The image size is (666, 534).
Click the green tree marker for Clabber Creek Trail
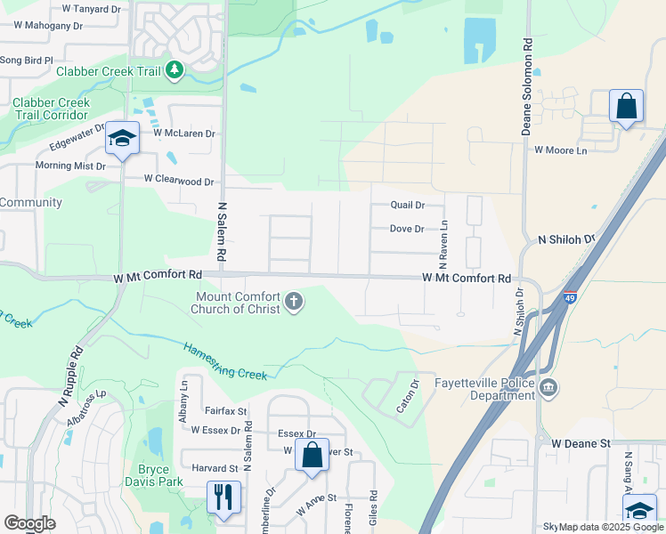pyautogui.click(x=175, y=70)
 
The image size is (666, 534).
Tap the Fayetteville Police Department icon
pyautogui.click(x=549, y=389)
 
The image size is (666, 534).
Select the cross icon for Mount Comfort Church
pyautogui.click(x=295, y=303)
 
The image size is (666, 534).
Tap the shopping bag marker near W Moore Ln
pyautogui.click(x=626, y=106)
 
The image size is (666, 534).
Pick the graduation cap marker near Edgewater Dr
pyautogui.click(x=122, y=138)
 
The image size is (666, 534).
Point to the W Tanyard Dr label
pyautogui.click(x=91, y=9)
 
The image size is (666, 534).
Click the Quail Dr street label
pyautogui.click(x=407, y=204)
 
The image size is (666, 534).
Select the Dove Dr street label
pyautogui.click(x=407, y=229)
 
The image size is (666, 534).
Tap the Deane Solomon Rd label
pyautogui.click(x=527, y=86)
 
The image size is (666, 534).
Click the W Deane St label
pyautogui.click(x=580, y=442)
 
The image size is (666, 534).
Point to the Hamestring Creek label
pyautogui.click(x=226, y=361)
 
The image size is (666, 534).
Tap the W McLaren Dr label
pyautogui.click(x=184, y=133)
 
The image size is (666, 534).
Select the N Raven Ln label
pyautogui.click(x=443, y=246)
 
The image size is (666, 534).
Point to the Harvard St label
pyautogui.click(x=215, y=467)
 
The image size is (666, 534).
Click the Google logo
pyautogui.click(x=29, y=523)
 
